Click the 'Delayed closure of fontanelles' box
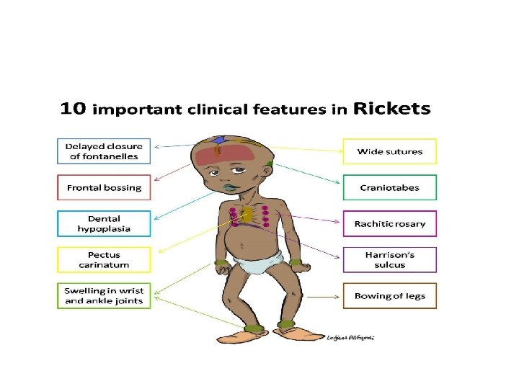pos(104,151)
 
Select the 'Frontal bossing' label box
pos(104,188)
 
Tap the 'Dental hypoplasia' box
pos(104,223)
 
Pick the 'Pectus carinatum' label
pos(104,259)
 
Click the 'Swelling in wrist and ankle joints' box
pos(104,295)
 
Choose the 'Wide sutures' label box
pos(390,151)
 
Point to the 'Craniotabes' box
pos(390,188)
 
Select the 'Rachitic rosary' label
pos(390,223)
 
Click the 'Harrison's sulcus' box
pos(390,259)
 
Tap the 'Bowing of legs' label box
pos(390,295)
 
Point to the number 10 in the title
pos(74,110)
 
